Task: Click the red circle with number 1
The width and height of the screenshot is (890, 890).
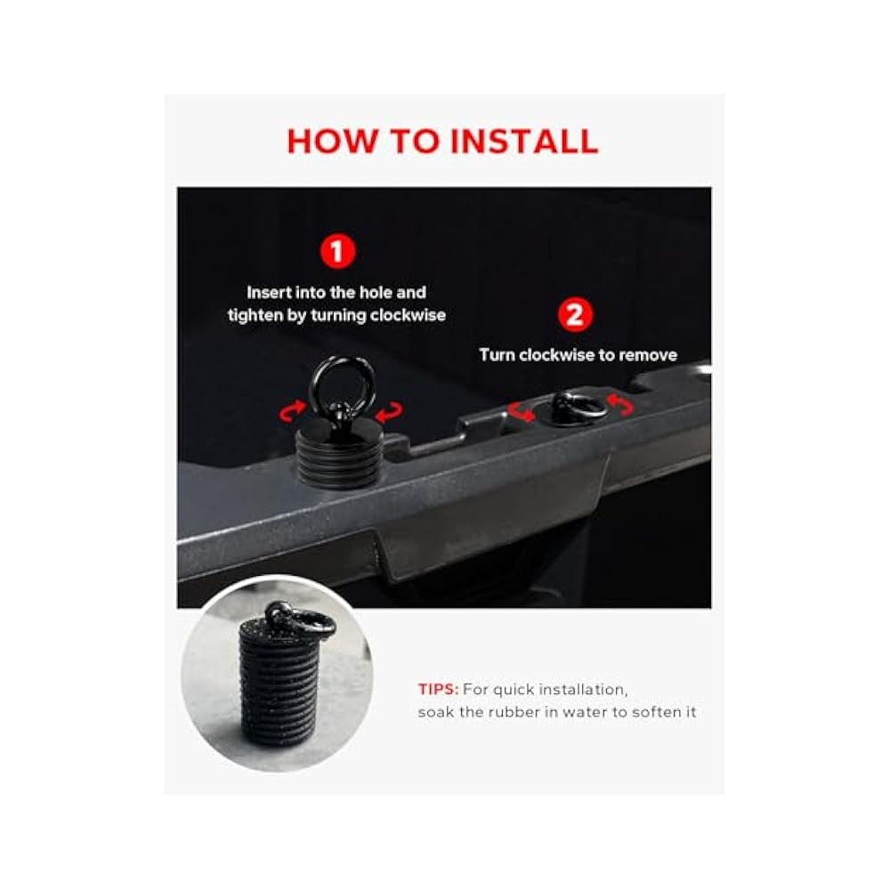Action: (337, 252)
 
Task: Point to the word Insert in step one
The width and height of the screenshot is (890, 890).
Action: (270, 292)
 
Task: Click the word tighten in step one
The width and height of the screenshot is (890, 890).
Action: (255, 316)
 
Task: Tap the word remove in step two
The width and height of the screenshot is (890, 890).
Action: (648, 355)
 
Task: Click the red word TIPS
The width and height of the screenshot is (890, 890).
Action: (438, 690)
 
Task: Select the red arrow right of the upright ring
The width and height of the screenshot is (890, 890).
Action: (390, 412)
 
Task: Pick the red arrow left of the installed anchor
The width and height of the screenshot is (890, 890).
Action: (521, 411)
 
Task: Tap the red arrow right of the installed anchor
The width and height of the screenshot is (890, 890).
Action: (619, 405)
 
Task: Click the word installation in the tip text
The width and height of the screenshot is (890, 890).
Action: (583, 690)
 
